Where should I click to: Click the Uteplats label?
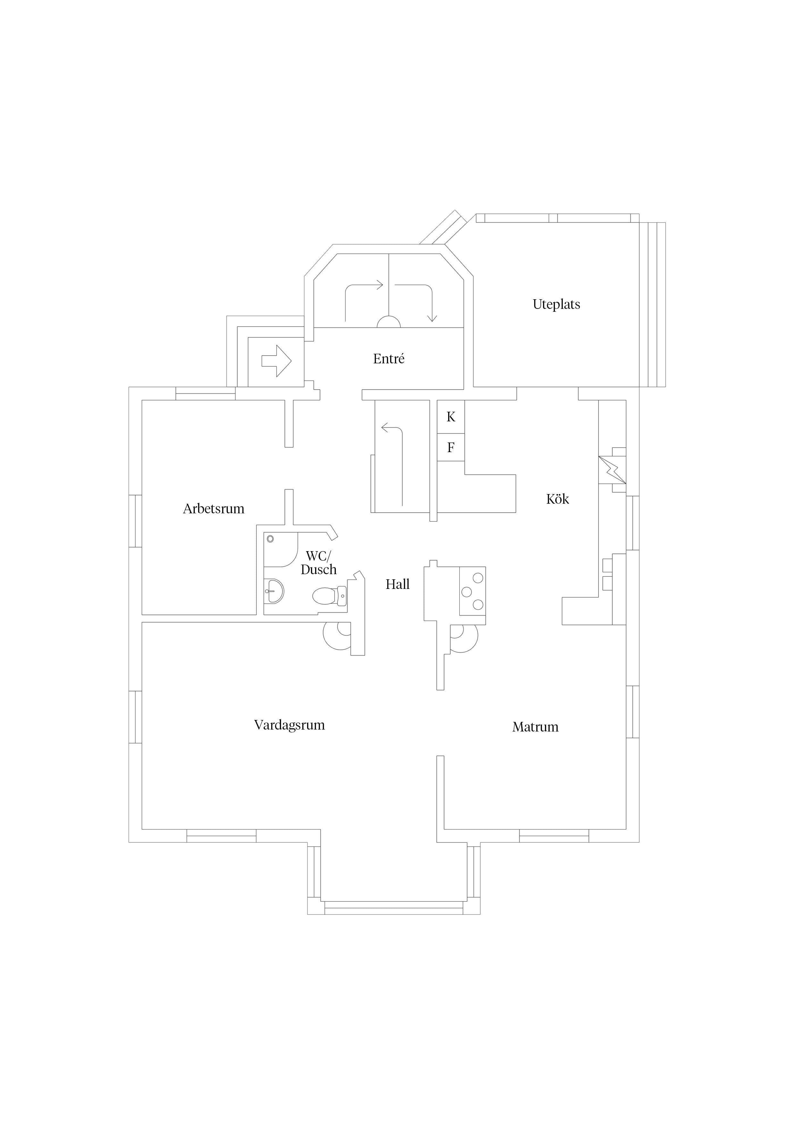(x=556, y=304)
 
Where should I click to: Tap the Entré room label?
(x=389, y=359)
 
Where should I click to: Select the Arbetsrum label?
(x=213, y=508)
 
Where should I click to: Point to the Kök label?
(x=557, y=499)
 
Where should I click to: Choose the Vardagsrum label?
(x=289, y=725)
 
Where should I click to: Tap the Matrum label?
(x=535, y=727)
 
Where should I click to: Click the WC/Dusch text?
(x=319, y=563)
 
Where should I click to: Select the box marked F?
(x=451, y=447)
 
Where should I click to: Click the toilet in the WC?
(x=330, y=596)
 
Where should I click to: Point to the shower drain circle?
(x=270, y=539)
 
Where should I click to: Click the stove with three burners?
(x=472, y=591)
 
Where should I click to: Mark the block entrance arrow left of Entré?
(x=277, y=361)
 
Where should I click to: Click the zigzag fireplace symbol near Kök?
(x=612, y=470)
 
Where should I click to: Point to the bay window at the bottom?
(x=394, y=908)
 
